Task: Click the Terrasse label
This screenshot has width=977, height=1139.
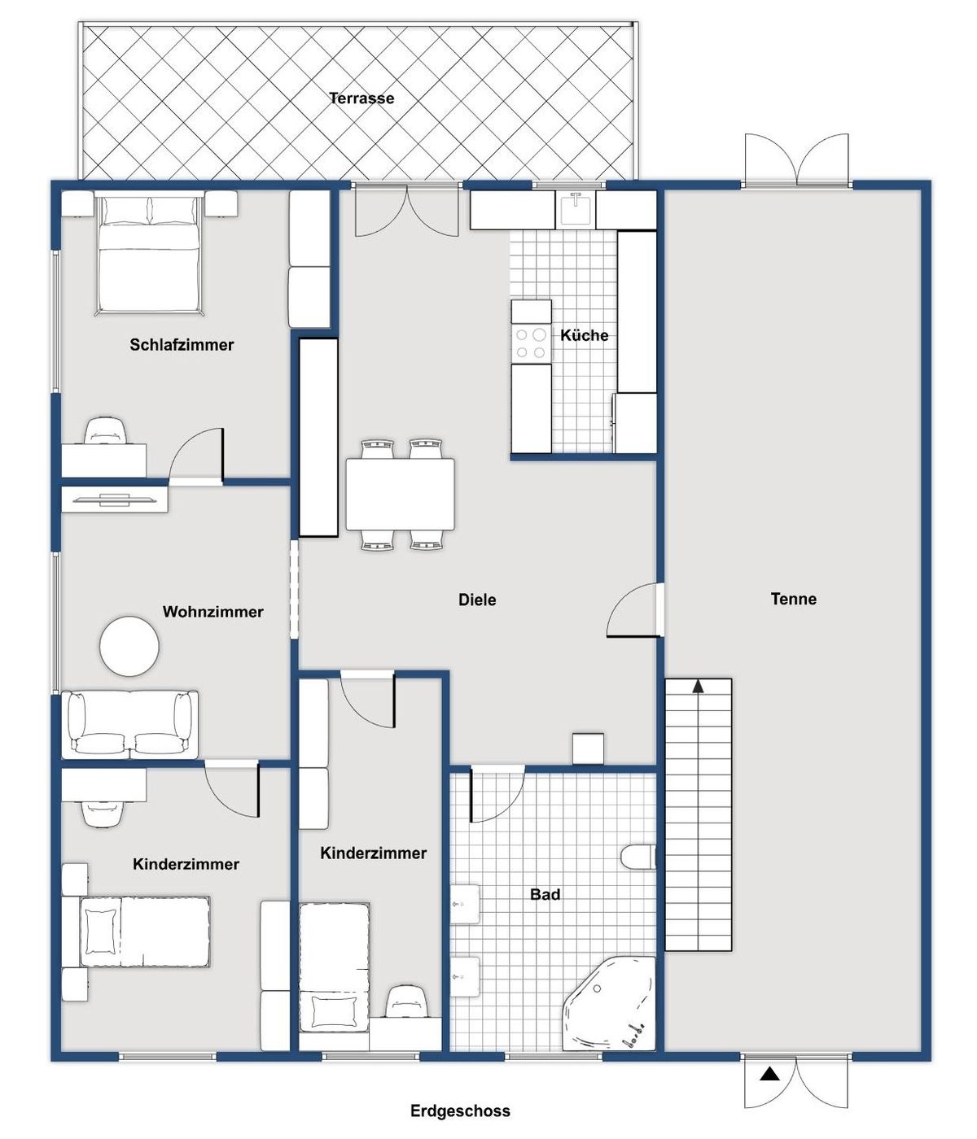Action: tap(361, 98)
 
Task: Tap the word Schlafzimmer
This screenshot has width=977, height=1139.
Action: tap(182, 345)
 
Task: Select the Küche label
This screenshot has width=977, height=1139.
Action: tap(584, 335)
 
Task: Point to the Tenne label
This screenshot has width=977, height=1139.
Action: tap(793, 599)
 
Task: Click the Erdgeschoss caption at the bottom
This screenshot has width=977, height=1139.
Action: tap(460, 1111)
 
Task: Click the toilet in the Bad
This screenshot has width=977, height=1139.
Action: tap(637, 858)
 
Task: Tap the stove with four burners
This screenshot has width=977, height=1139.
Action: tap(531, 343)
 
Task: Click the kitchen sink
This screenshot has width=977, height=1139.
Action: tap(576, 209)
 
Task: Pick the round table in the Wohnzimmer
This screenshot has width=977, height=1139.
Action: tap(129, 646)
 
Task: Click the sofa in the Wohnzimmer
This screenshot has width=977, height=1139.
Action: tap(130, 723)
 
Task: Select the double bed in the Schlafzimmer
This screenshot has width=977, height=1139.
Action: tap(149, 252)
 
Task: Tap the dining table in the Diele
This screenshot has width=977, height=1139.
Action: tap(400, 494)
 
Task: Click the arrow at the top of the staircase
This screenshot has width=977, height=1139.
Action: tap(698, 687)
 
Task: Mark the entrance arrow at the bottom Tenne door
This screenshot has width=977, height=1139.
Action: tap(769, 1074)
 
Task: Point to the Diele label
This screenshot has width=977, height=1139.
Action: tap(477, 600)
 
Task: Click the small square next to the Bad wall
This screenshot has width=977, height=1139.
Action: tap(588, 748)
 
